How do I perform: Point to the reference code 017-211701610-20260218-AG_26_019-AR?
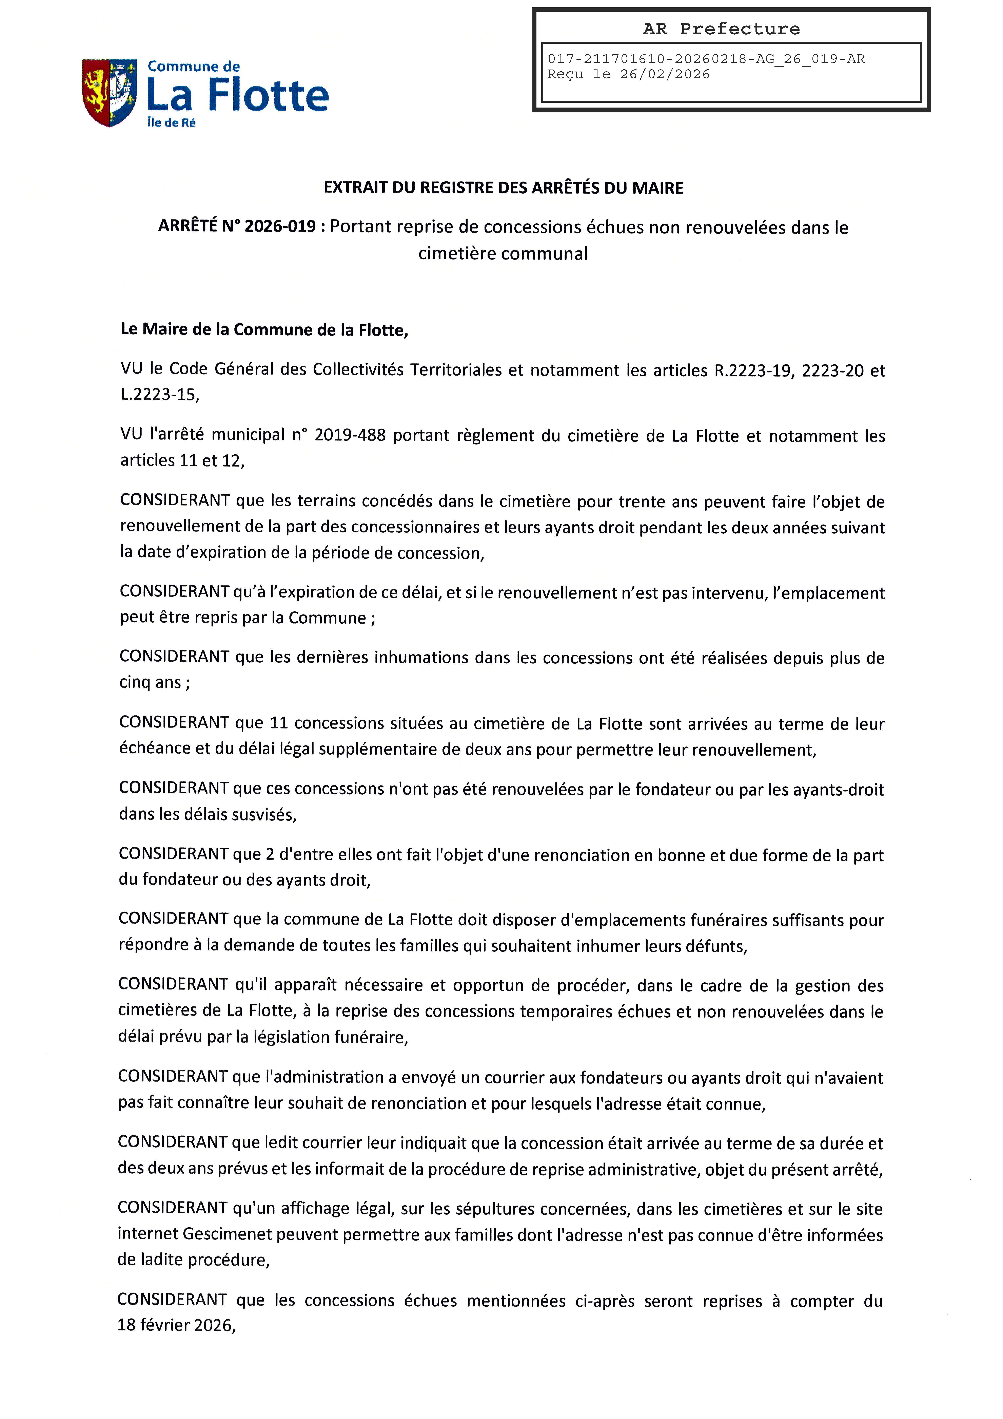(706, 59)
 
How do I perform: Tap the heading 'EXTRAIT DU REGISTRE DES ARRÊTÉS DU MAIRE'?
(503, 188)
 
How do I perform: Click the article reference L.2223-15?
(159, 395)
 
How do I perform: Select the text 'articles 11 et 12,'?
(182, 460)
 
